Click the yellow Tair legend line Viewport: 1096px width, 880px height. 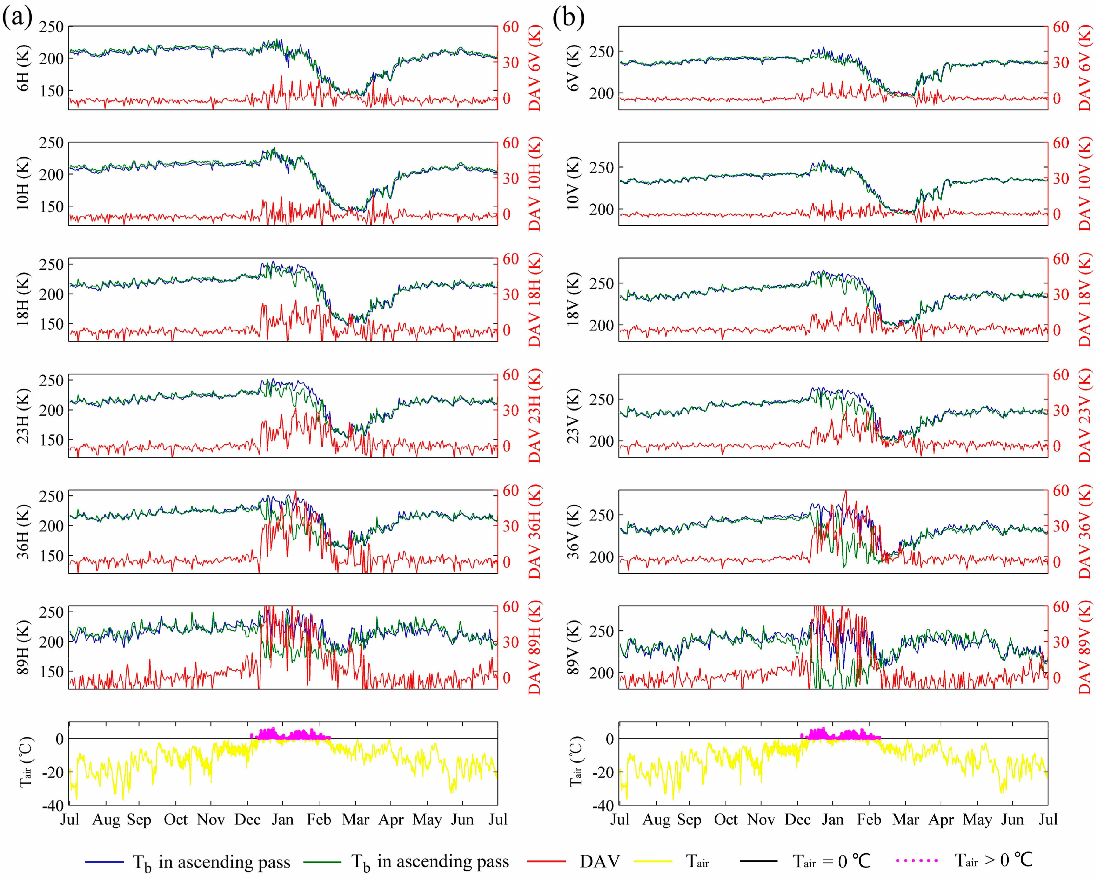coord(653,861)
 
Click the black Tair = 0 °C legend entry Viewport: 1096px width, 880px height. coord(759,861)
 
